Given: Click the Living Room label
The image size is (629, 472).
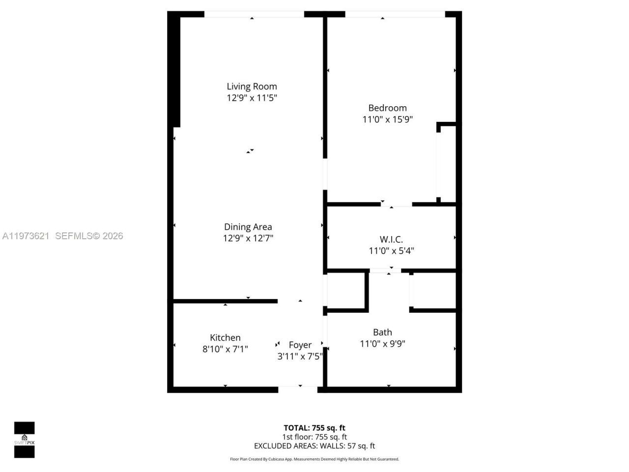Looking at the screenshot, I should pyautogui.click(x=252, y=87).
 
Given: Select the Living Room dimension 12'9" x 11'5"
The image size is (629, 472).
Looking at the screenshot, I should pyautogui.click(x=252, y=98).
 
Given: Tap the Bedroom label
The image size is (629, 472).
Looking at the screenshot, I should pyautogui.click(x=387, y=108).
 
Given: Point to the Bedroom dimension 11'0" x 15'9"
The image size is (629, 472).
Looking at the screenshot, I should pyautogui.click(x=387, y=119).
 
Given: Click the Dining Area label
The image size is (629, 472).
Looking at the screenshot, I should pyautogui.click(x=248, y=227).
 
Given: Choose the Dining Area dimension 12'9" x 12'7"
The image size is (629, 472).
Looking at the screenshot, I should pyautogui.click(x=248, y=238).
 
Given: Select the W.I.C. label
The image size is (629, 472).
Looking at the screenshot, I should pyautogui.click(x=391, y=240).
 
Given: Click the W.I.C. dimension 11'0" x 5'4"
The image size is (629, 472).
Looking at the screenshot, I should pyautogui.click(x=391, y=251).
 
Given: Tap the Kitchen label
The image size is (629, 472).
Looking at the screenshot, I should pyautogui.click(x=225, y=338).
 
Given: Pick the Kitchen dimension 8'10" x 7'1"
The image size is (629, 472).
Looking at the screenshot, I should pyautogui.click(x=225, y=350).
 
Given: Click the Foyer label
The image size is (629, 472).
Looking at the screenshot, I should pyautogui.click(x=300, y=345).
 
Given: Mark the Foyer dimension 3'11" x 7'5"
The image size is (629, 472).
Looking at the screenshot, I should pyautogui.click(x=300, y=356).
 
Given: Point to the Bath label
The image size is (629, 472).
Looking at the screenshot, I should pyautogui.click(x=382, y=332).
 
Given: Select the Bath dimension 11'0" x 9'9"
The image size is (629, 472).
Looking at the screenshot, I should pyautogui.click(x=382, y=344).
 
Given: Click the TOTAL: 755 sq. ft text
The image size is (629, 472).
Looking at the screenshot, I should pyautogui.click(x=314, y=428).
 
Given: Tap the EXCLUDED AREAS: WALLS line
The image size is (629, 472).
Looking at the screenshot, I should pyautogui.click(x=314, y=446).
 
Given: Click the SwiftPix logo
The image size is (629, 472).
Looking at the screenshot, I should pyautogui.click(x=24, y=440).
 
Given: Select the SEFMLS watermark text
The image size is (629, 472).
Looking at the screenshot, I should pyautogui.click(x=62, y=236).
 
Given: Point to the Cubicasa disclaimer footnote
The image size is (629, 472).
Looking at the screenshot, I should pyautogui.click(x=314, y=459).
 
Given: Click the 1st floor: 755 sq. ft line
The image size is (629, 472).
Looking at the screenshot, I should pyautogui.click(x=314, y=437).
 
